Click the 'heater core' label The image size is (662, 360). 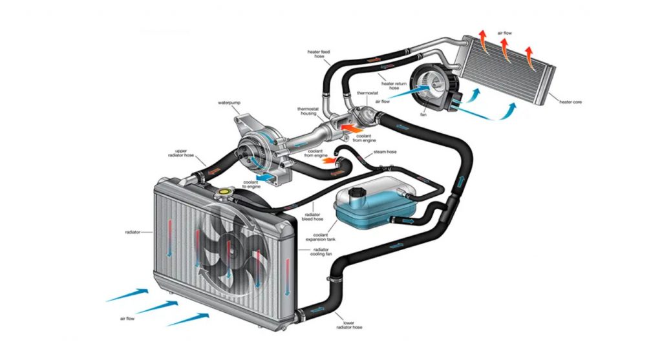coord(569,102)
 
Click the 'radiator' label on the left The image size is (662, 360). coord(133,231)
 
